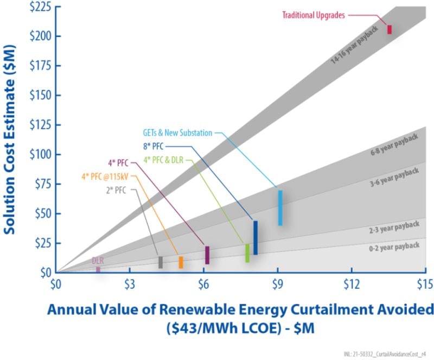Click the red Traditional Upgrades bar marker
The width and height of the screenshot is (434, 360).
pyautogui.click(x=389, y=29)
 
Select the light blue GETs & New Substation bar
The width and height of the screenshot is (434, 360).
pyautogui.click(x=280, y=207)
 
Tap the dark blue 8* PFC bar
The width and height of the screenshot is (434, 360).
pyautogui.click(x=256, y=237)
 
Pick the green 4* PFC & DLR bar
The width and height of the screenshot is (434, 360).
pyautogui.click(x=247, y=252)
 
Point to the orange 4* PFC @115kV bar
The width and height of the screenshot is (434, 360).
pyautogui.click(x=181, y=262)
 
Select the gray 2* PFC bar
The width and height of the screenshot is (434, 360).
pyautogui.click(x=161, y=262)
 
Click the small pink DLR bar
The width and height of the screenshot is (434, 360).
pyautogui.click(x=98, y=269)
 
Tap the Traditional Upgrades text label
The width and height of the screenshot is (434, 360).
pyautogui.click(x=313, y=15)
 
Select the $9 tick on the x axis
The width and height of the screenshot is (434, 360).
pyautogui.click(x=277, y=283)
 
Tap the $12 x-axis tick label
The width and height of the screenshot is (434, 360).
pyautogui.click(x=351, y=283)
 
